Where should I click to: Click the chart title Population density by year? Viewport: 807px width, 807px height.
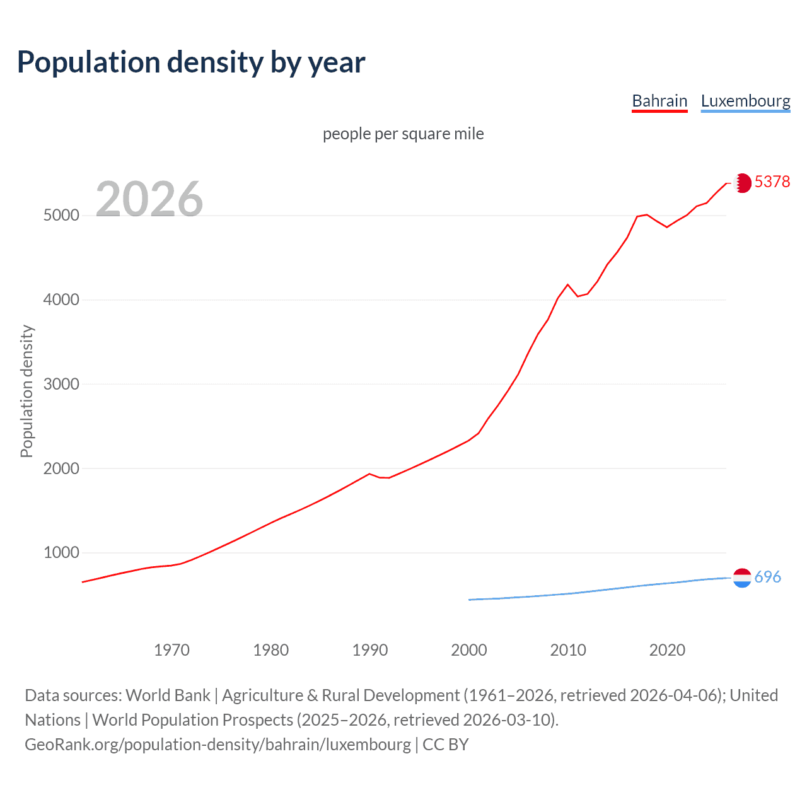pyautogui.click(x=191, y=62)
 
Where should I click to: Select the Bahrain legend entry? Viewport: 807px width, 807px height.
pyautogui.click(x=659, y=101)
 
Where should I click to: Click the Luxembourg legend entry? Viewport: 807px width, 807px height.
pyautogui.click(x=745, y=101)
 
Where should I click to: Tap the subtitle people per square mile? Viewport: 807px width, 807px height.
pyautogui.click(x=403, y=134)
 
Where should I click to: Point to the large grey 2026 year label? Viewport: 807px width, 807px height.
pyautogui.click(x=149, y=199)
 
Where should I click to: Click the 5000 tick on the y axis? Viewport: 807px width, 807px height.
pyautogui.click(x=61, y=216)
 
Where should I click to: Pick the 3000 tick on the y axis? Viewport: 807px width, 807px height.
pyautogui.click(x=61, y=384)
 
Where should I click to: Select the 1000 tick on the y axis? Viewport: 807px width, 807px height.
pyautogui.click(x=61, y=553)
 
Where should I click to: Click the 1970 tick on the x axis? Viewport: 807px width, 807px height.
pyautogui.click(x=171, y=650)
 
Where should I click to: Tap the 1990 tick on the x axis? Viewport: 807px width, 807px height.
pyautogui.click(x=370, y=650)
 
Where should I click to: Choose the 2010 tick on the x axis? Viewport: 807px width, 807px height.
pyautogui.click(x=568, y=650)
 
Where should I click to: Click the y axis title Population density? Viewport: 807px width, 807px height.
pyautogui.click(x=26, y=391)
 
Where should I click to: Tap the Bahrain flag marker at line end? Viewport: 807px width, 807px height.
pyautogui.click(x=743, y=183)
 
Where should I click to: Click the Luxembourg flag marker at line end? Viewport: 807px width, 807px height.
pyautogui.click(x=743, y=578)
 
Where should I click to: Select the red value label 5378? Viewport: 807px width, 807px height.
pyautogui.click(x=772, y=182)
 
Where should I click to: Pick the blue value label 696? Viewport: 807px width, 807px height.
pyautogui.click(x=767, y=577)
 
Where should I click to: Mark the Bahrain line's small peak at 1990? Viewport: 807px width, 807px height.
pyautogui.click(x=369, y=473)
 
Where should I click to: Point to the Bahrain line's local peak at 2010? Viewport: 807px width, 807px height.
pyautogui.click(x=567, y=284)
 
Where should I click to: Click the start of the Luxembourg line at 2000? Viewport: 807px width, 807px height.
pyautogui.click(x=470, y=600)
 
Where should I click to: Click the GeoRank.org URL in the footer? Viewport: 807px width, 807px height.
pyautogui.click(x=218, y=745)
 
